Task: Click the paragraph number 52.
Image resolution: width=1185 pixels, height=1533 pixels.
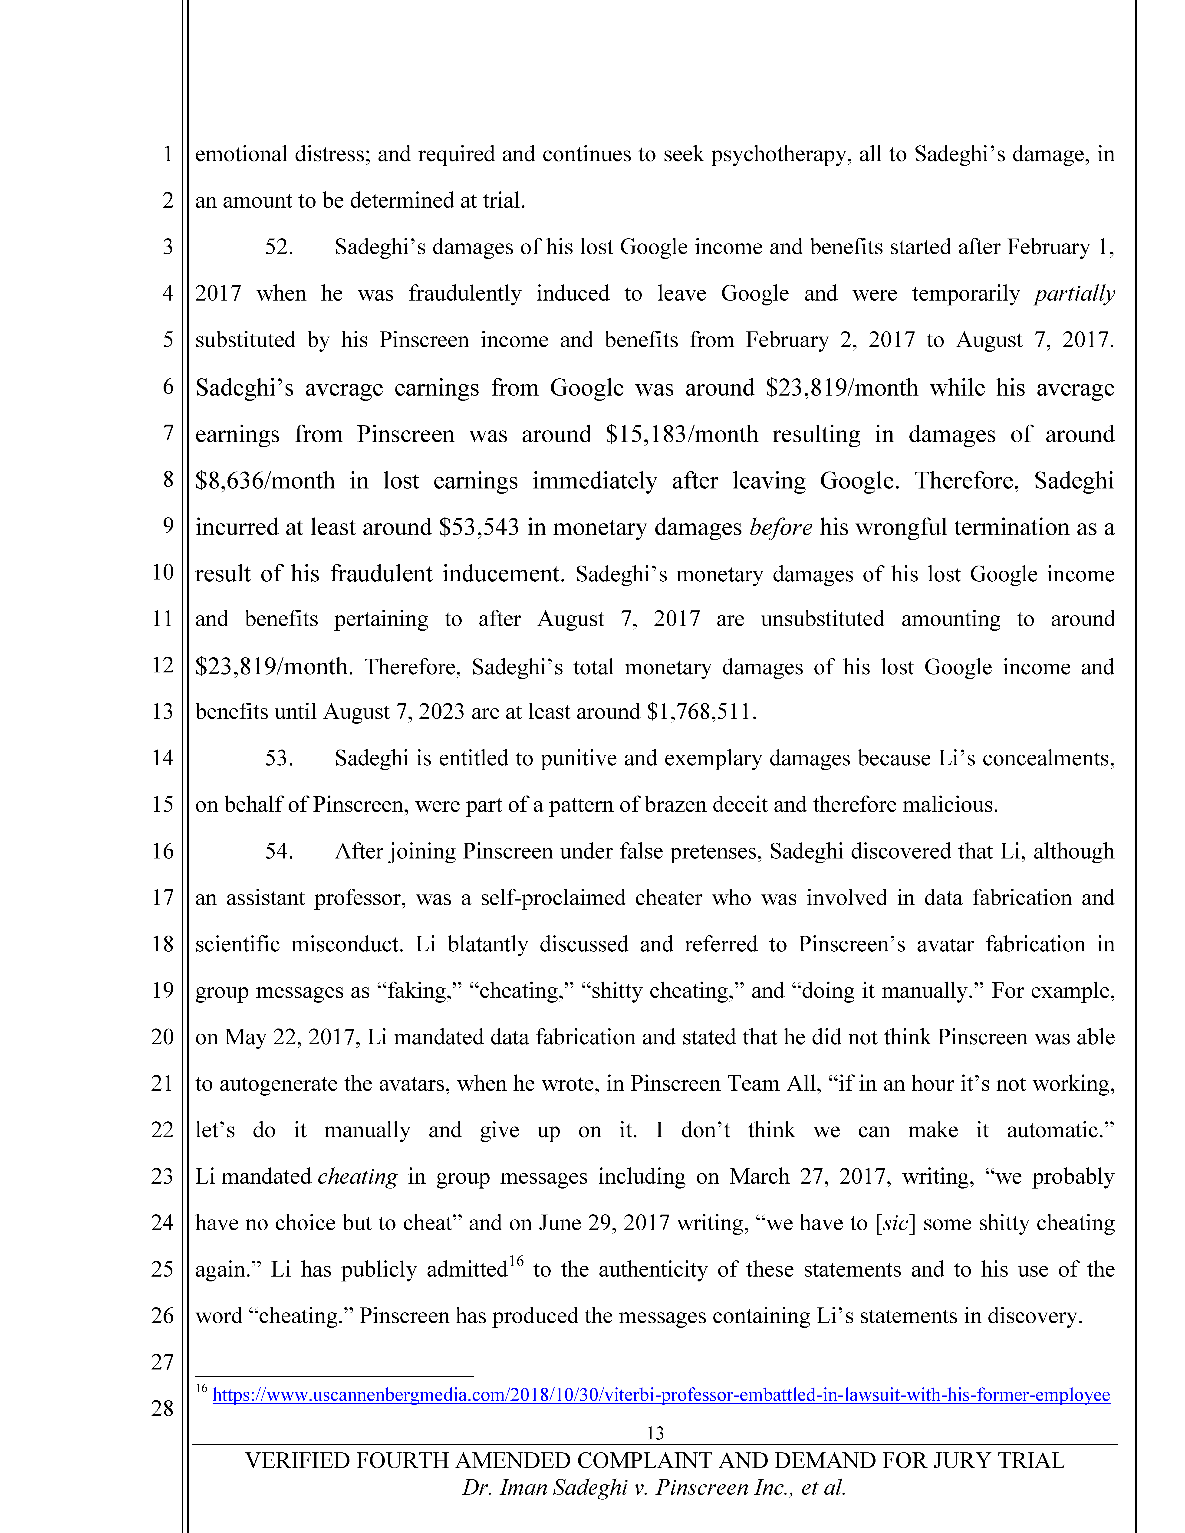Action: (x=279, y=247)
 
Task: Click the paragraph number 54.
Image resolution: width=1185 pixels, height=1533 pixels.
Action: (x=279, y=852)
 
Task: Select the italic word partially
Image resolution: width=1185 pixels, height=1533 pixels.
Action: (x=1074, y=293)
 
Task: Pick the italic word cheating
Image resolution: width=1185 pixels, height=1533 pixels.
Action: (x=357, y=1177)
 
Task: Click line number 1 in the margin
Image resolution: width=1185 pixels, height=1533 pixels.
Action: (x=168, y=154)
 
